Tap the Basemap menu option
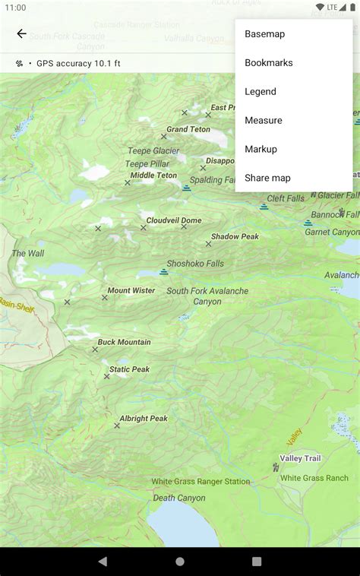point(264,34)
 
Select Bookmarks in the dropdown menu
point(268,63)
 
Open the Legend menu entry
point(260,92)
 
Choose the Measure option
point(263,121)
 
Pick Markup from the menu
point(261,150)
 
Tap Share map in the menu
point(267,179)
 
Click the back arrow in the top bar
point(21,34)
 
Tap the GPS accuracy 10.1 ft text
point(78,64)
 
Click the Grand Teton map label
point(188,130)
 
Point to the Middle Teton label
point(153,176)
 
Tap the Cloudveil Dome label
point(174,221)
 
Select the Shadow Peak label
point(235,237)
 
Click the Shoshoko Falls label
point(195,264)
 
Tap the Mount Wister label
point(131,291)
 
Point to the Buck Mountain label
point(124,343)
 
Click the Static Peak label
point(129,370)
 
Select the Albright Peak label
point(144,419)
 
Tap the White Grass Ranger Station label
point(201,482)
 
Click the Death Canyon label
point(179,498)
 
